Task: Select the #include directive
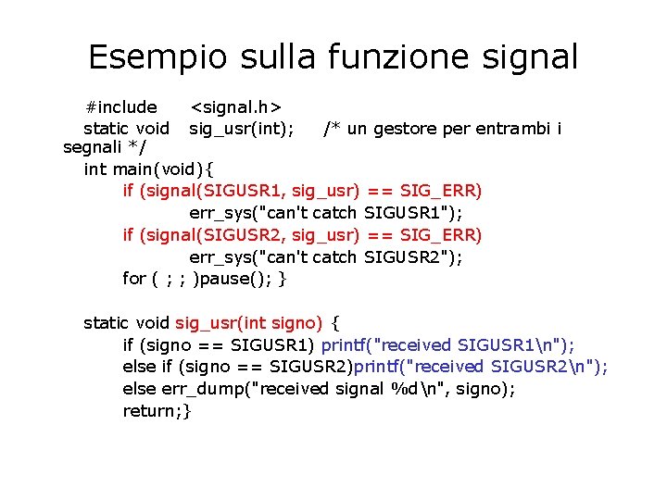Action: pos(120,107)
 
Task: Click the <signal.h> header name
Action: pos(236,107)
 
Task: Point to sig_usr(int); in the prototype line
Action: pos(242,128)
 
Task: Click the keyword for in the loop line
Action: pos(134,279)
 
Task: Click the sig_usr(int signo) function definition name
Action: pos(248,323)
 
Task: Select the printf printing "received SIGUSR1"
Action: pos(447,345)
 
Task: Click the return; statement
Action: pos(154,411)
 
